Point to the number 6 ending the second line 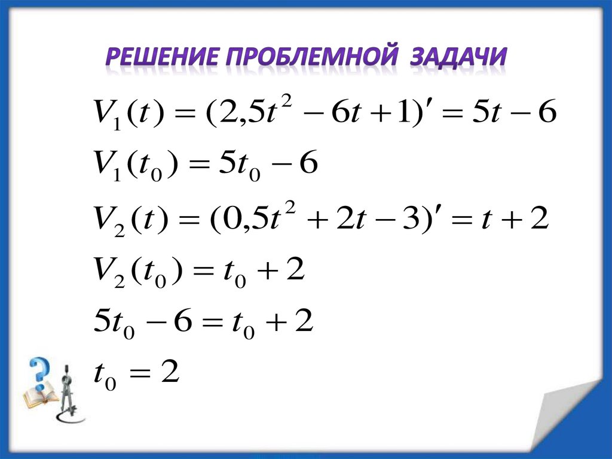pyautogui.click(x=307, y=165)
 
